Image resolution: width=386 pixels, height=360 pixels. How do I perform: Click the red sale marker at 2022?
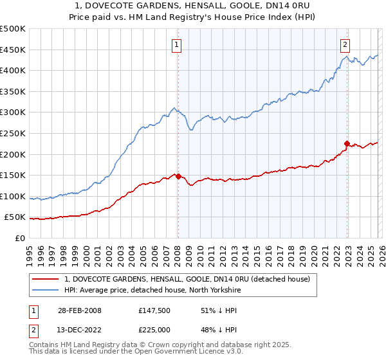coord(347,143)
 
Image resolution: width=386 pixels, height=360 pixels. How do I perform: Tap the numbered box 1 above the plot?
coord(176,44)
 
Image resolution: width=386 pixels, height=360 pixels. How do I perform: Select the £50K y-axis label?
coord(15,218)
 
